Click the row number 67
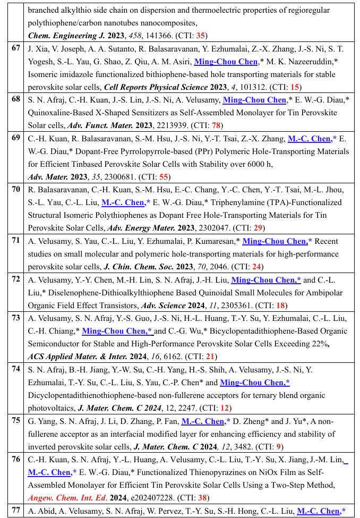pyautogui.click(x=16, y=48)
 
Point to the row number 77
pyautogui.click(x=16, y=511)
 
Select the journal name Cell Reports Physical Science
pyautogui.click(x=155, y=87)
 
